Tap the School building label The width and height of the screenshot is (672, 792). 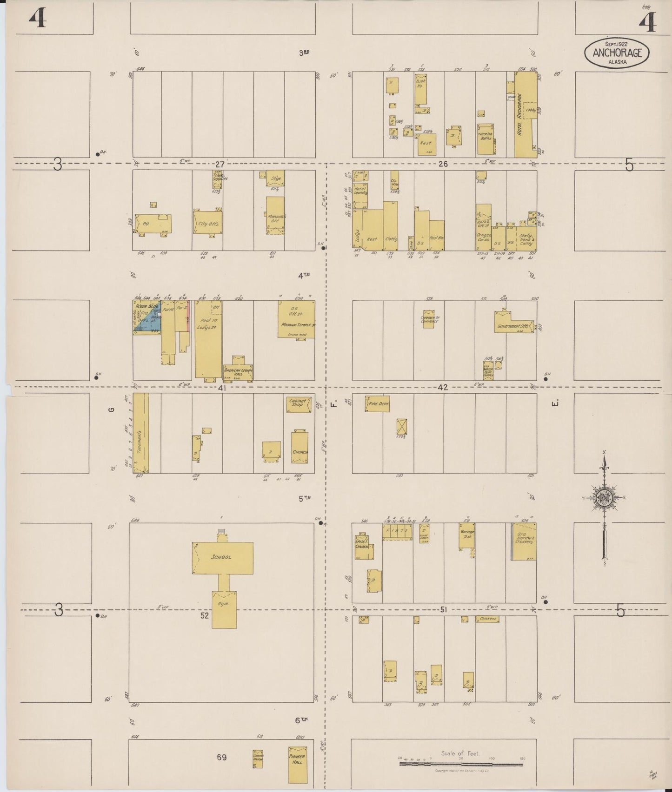pyautogui.click(x=221, y=557)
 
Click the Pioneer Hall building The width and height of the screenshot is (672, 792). pyautogui.click(x=297, y=765)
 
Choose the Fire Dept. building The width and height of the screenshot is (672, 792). pyautogui.click(x=377, y=404)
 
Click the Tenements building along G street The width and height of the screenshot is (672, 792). pyautogui.click(x=140, y=433)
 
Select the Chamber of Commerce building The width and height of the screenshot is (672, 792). pyautogui.click(x=429, y=319)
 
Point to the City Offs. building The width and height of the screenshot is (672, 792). pyautogui.click(x=207, y=223)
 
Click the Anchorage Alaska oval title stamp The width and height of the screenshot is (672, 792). pyautogui.click(x=617, y=53)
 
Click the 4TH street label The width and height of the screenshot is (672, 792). pyautogui.click(x=304, y=276)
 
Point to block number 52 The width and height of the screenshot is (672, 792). pyautogui.click(x=205, y=615)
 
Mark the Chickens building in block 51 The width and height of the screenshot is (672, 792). pyautogui.click(x=487, y=619)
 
